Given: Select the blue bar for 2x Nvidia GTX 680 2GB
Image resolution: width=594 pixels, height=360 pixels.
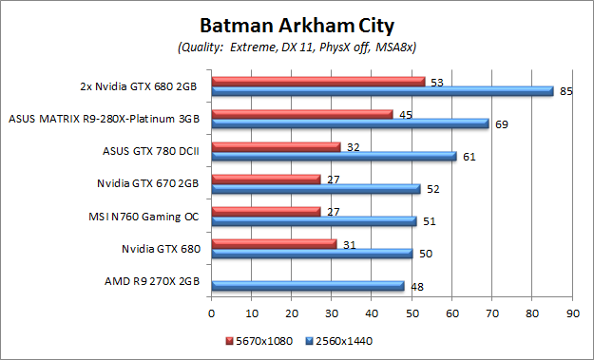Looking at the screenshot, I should (x=382, y=91).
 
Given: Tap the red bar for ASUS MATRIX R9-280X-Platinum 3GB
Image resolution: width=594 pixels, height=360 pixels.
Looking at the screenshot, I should (x=302, y=114).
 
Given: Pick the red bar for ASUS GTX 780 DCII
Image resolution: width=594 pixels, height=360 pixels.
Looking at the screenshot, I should (x=276, y=146).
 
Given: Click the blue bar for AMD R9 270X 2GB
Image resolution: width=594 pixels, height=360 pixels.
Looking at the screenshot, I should (x=308, y=285).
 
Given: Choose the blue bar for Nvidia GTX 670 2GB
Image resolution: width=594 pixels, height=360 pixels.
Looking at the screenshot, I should (x=316, y=188).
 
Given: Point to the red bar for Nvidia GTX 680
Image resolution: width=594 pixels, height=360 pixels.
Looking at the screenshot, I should (x=274, y=243).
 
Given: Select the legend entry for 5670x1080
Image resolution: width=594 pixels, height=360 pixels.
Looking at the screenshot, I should (x=259, y=338).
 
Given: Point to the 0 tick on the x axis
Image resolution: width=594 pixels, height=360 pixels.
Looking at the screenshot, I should (x=212, y=312).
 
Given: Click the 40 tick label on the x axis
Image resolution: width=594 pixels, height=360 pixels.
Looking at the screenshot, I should (x=372, y=312).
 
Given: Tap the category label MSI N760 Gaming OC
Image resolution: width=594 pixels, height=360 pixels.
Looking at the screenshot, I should (x=151, y=216).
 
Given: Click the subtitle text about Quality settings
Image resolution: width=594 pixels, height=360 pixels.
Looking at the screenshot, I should (x=297, y=47).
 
